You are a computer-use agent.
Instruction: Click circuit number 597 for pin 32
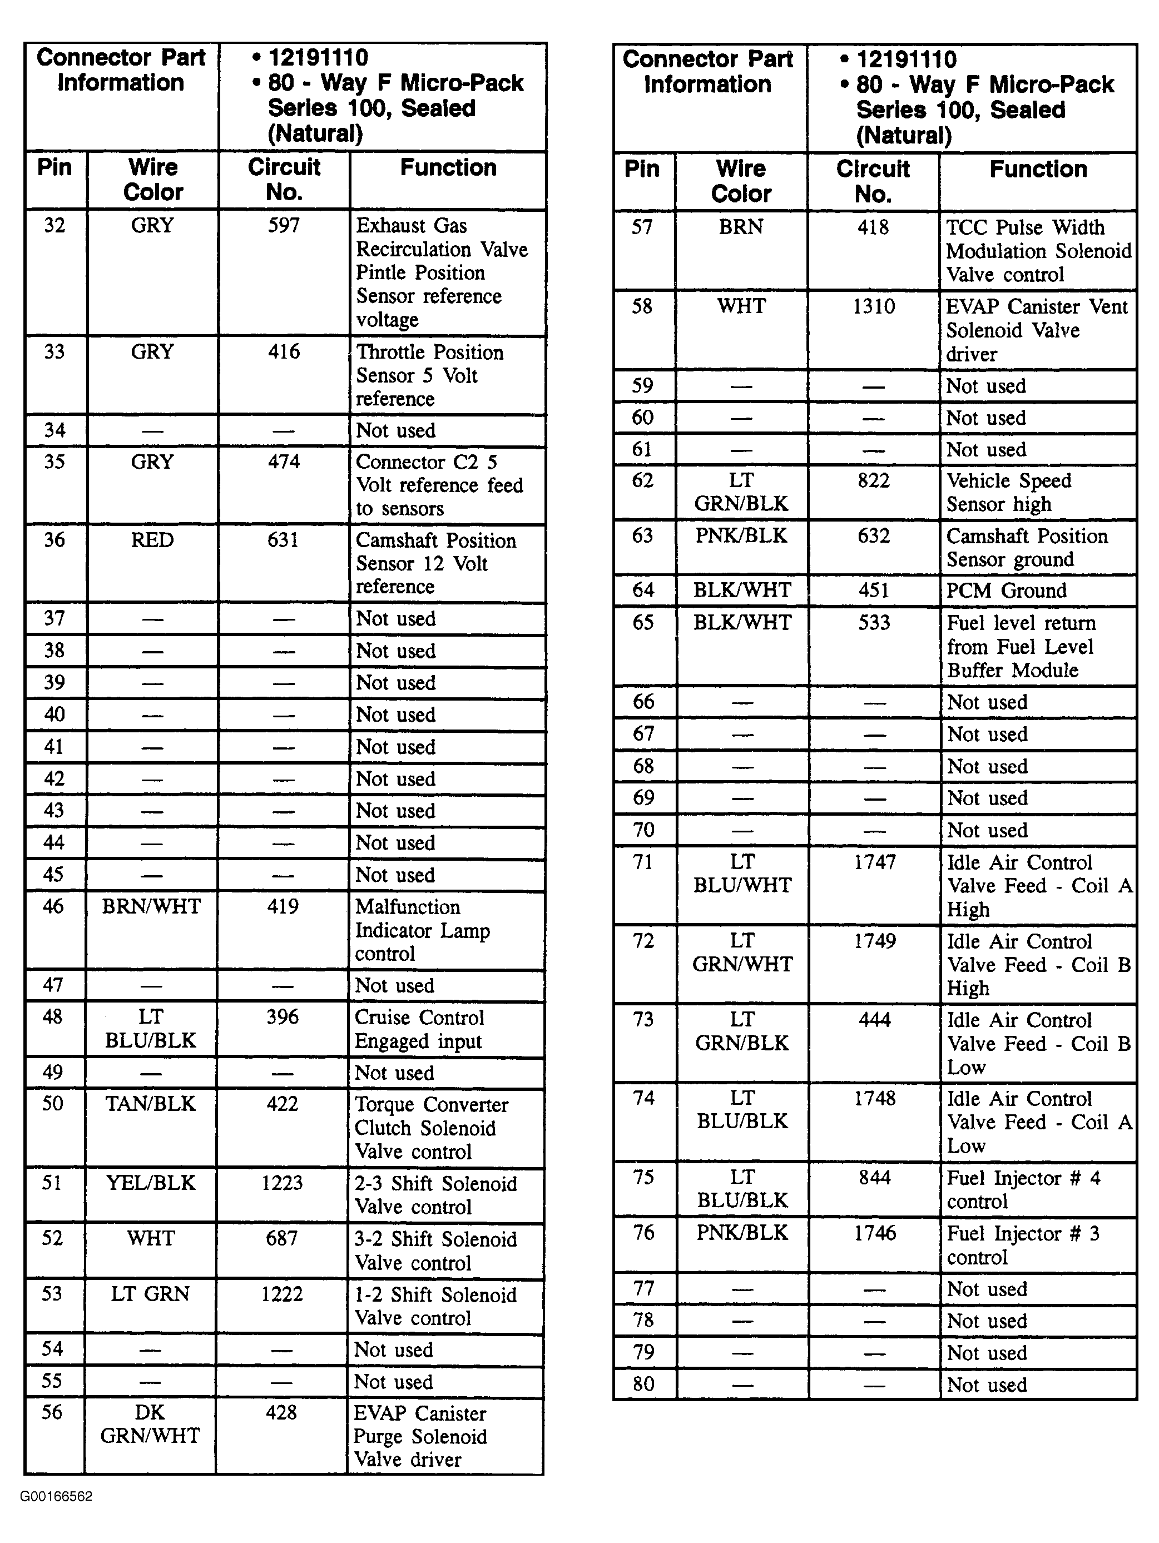283,225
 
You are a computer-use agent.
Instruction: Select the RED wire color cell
152,540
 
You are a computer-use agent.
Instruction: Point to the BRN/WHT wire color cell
151,906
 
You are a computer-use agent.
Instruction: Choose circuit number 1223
282,1182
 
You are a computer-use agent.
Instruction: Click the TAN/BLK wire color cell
151,1104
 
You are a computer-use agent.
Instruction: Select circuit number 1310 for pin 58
873,306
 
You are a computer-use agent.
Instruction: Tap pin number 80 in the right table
643,1383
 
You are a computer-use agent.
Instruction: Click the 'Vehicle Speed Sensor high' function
1008,492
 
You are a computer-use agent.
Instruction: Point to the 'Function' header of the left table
448,167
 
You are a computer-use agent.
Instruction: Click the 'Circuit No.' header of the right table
873,181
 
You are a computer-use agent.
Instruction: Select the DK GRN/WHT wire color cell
150,1423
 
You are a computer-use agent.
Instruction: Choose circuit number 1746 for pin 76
874,1233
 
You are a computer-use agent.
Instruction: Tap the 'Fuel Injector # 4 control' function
1022,1189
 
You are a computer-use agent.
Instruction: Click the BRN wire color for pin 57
741,227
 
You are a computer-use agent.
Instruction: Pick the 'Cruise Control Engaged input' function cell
419,1029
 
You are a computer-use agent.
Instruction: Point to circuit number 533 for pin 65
874,622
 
